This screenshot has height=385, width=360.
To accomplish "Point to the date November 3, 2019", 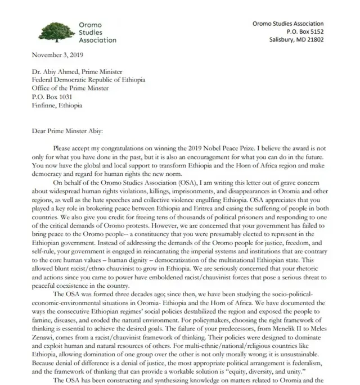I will (x=58, y=56).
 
